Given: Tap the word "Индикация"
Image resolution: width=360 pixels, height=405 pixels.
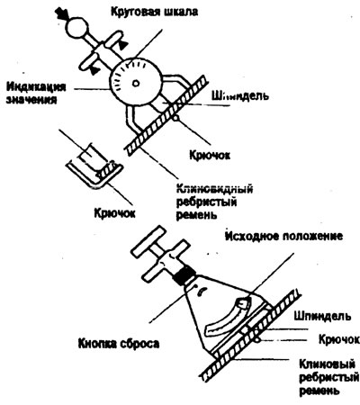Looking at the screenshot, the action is pyautogui.click(x=36, y=86).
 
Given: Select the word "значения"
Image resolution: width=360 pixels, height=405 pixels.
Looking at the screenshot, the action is pyautogui.click(x=31, y=99).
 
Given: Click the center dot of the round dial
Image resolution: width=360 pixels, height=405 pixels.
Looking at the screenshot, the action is pyautogui.click(x=136, y=83).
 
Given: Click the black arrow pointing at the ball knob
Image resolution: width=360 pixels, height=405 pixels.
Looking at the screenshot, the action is pyautogui.click(x=60, y=14).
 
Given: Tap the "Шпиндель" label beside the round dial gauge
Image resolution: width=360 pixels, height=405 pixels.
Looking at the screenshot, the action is pyautogui.click(x=240, y=96).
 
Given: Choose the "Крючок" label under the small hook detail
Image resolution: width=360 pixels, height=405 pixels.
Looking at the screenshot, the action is pyautogui.click(x=115, y=213).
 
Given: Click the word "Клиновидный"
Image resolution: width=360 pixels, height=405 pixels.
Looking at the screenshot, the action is pyautogui.click(x=214, y=189).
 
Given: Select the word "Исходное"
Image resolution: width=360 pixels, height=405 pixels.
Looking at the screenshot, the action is pyautogui.click(x=251, y=236).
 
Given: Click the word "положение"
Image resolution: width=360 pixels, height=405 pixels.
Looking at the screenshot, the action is pyautogui.click(x=311, y=236).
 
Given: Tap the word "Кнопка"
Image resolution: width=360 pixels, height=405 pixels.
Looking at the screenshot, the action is pyautogui.click(x=99, y=344).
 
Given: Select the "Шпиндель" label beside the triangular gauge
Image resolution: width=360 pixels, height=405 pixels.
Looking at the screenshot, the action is pyautogui.click(x=322, y=316).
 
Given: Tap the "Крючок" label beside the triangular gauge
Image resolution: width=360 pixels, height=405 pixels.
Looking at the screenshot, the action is pyautogui.click(x=339, y=339).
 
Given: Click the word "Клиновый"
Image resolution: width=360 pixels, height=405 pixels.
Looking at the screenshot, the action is pyautogui.click(x=328, y=365).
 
